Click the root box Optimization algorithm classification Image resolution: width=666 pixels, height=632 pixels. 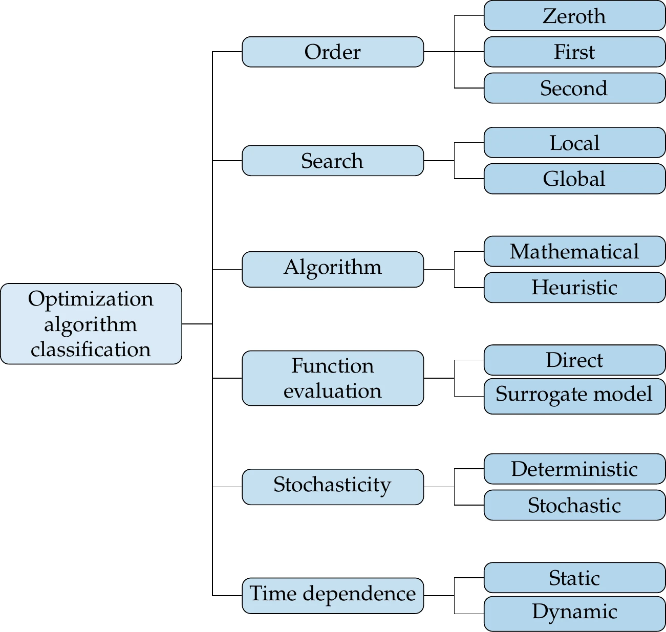tap(91, 323)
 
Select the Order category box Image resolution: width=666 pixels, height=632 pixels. tap(333, 52)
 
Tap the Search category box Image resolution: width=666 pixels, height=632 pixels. tap(333, 161)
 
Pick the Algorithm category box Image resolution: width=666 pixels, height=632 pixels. tap(333, 269)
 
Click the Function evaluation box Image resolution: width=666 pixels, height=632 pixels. tap(333, 378)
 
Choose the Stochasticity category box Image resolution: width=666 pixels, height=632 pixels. tap(333, 487)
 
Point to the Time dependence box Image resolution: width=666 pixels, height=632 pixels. tap(333, 595)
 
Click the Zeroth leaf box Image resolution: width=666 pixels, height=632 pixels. tap(574, 16)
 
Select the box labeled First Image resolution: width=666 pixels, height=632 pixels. tap(574, 52)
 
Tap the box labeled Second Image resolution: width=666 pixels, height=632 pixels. tap(574, 88)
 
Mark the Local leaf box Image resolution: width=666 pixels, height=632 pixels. tap(574, 143)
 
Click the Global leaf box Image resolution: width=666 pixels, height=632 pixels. tap(574, 179)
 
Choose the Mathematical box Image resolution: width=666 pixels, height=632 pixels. tap(574, 251)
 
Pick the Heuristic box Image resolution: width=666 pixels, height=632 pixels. tap(574, 287)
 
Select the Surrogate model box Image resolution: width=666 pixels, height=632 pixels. tap(574, 396)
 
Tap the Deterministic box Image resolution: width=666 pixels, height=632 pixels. tap(574, 469)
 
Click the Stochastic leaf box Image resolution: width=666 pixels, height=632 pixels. tap(574, 505)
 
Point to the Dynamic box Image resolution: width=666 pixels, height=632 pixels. tap(574, 613)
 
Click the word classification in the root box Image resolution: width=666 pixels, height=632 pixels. tap(91, 350)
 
